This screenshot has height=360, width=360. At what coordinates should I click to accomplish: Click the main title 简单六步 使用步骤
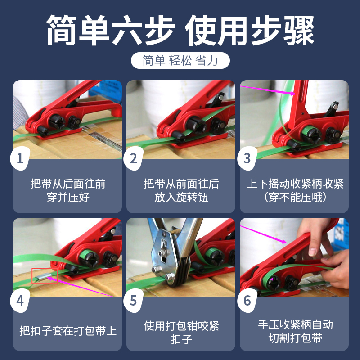point(180,31)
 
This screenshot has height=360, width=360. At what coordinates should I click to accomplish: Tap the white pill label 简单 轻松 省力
point(180,60)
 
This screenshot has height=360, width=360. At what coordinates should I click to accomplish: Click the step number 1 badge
point(20,158)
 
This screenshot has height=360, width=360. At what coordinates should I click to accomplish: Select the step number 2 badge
point(133,158)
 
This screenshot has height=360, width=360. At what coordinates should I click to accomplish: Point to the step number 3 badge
point(247,158)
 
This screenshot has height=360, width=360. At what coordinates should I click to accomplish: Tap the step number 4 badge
point(20,300)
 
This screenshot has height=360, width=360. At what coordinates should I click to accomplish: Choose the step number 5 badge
point(133,300)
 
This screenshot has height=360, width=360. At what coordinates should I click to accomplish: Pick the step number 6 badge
point(247,300)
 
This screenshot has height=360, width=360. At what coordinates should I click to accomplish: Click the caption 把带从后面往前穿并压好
point(67,190)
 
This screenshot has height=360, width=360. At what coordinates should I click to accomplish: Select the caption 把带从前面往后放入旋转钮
point(181,190)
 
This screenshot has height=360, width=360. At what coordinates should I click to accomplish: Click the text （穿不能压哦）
point(295,197)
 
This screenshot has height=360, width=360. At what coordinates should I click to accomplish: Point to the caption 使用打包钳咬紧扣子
point(181,332)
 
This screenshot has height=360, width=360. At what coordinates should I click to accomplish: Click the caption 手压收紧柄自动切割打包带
point(295,331)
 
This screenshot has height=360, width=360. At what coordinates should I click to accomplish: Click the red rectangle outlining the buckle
point(45,276)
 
